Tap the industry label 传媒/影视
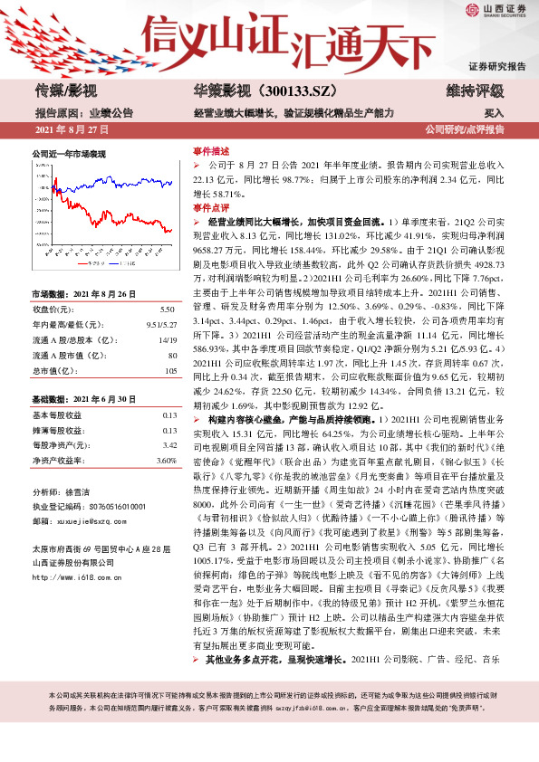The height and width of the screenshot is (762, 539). [65, 90]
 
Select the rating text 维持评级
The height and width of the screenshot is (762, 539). [475, 90]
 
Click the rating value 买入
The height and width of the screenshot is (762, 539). [495, 113]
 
